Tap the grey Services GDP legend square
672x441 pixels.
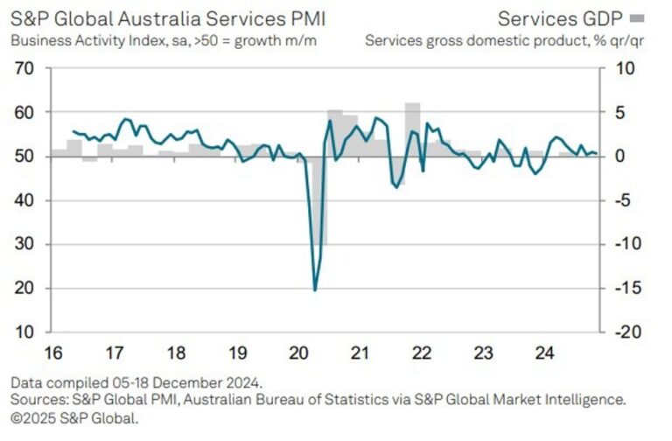pyautogui.click(x=638, y=17)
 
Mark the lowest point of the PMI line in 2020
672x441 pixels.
pyautogui.click(x=315, y=290)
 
